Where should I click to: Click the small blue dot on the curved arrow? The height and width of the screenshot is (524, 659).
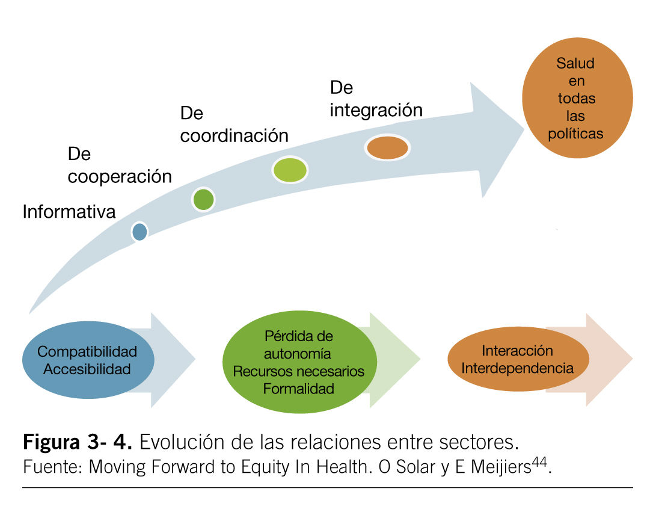pyautogui.click(x=139, y=232)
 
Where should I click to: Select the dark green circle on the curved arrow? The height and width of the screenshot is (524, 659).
pyautogui.click(x=204, y=199)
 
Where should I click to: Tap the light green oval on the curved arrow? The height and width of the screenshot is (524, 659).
pyautogui.click(x=290, y=170)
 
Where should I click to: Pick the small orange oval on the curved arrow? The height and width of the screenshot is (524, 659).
pyautogui.click(x=388, y=148)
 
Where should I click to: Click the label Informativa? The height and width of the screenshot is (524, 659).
pyautogui.click(x=69, y=212)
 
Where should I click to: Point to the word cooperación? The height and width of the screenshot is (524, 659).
pyautogui.click(x=120, y=177)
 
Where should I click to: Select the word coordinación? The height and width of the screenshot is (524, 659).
pyautogui.click(x=234, y=136)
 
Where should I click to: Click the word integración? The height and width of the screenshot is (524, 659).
pyautogui.click(x=376, y=110)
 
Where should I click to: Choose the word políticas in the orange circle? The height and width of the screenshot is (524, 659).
pyautogui.click(x=575, y=134)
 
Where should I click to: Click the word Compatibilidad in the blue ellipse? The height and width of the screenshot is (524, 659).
pyautogui.click(x=87, y=351)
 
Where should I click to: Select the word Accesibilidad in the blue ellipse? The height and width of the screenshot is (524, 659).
pyautogui.click(x=87, y=369)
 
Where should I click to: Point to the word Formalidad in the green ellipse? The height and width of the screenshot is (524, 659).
pyautogui.click(x=298, y=389)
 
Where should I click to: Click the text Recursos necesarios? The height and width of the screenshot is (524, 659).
pyautogui.click(x=298, y=371)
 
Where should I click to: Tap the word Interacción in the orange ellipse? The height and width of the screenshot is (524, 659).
pyautogui.click(x=516, y=350)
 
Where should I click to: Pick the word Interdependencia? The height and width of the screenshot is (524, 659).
pyautogui.click(x=517, y=368)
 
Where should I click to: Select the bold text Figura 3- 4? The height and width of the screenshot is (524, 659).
pyautogui.click(x=78, y=443)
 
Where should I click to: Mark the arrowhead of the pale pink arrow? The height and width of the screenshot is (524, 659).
pyautogui.click(x=610, y=359)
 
